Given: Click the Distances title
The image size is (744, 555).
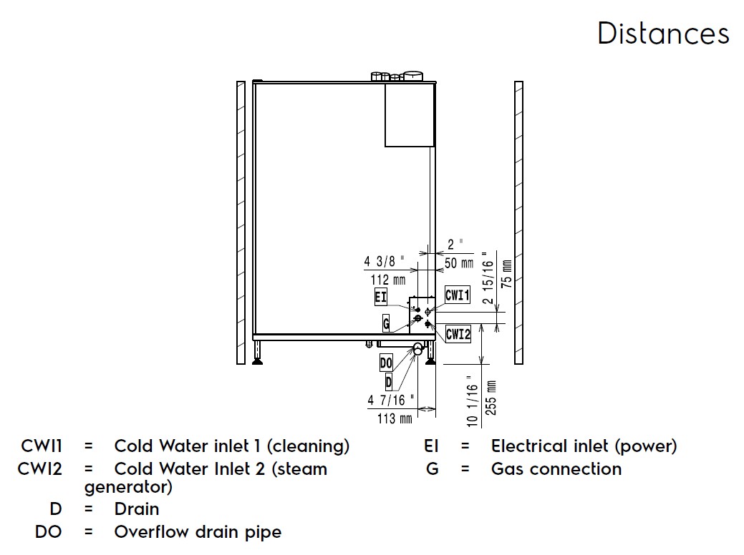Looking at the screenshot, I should [663, 34].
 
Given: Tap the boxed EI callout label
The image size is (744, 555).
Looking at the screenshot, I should [380, 298].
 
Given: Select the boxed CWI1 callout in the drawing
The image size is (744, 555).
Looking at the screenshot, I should [457, 295].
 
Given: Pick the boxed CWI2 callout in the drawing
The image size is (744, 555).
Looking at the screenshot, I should [458, 333].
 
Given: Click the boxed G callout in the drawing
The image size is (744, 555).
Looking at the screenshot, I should [387, 323].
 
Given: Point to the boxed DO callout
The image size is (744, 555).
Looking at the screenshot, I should [386, 363].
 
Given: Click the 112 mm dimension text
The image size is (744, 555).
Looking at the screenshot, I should [387, 280].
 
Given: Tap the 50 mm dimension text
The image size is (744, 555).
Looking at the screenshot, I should [459, 263].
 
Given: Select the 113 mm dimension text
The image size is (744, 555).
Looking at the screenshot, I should [395, 418].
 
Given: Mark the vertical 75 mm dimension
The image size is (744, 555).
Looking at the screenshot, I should [506, 272].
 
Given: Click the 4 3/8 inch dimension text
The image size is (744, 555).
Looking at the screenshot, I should [388, 262].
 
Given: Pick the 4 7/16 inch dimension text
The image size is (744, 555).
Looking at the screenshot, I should [390, 401].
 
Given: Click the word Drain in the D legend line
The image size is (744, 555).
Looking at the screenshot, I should [137, 509].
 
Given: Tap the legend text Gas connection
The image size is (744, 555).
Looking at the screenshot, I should [556, 469].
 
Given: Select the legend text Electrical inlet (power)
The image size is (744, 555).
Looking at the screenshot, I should [584, 446].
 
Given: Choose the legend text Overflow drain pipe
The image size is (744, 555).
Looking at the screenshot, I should [198, 532].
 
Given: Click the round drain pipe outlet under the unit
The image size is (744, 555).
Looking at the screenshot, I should [418, 348].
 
